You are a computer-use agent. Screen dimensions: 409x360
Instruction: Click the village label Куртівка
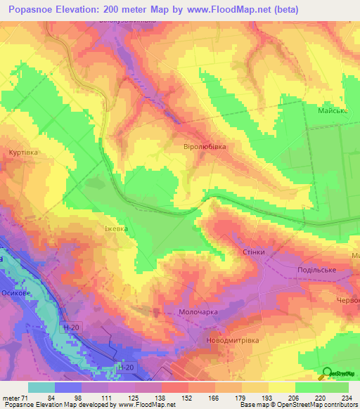click(x=23, y=152)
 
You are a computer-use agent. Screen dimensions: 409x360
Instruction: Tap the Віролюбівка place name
click(x=205, y=147)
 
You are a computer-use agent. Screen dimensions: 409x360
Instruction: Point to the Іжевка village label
click(x=117, y=228)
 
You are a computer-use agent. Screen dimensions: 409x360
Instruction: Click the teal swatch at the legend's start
click(x=41, y=387)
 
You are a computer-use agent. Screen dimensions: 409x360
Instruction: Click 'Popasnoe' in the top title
click(x=32, y=10)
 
